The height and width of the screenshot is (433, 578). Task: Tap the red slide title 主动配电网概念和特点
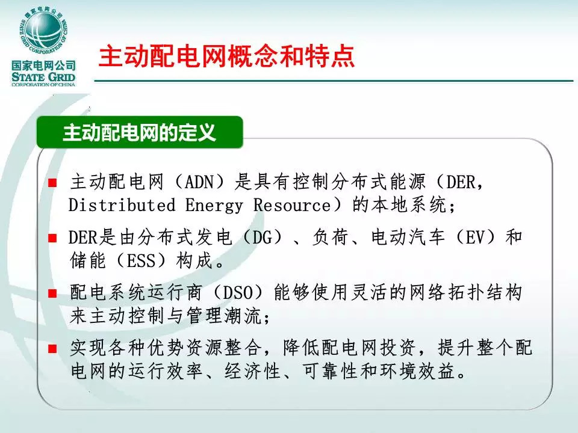227,57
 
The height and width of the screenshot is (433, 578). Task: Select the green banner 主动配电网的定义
140,132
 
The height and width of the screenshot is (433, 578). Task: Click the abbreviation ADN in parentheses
199,182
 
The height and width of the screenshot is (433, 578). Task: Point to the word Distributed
122,204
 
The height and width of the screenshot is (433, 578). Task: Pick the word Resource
292,204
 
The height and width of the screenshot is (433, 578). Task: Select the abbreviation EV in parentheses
476,238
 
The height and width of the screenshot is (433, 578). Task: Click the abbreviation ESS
141,261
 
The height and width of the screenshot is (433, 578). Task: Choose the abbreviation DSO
238,293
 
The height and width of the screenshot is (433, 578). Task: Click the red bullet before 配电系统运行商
53,293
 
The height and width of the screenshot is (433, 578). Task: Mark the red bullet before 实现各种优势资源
53,349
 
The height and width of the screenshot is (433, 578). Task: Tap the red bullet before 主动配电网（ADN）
53,183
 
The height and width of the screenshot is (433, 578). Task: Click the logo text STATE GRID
43,77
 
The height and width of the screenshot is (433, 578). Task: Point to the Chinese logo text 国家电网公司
43,66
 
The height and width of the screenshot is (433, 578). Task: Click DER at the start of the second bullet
83,238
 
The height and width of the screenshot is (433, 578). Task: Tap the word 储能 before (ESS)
88,260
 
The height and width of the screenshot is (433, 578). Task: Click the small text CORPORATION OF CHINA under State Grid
43,85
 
